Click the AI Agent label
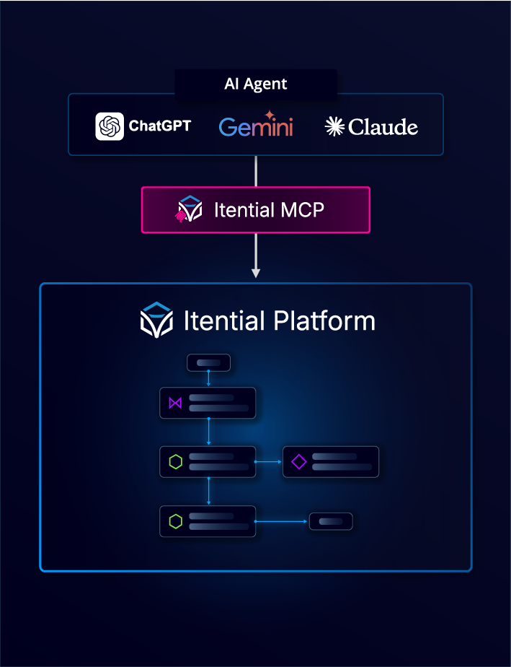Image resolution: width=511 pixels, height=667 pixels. [255, 84]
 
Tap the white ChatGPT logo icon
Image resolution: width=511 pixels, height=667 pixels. [110, 126]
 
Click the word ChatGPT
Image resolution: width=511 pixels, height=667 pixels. [159, 126]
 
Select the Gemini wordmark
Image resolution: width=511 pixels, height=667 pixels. [256, 128]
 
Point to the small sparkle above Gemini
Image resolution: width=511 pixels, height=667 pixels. [270, 114]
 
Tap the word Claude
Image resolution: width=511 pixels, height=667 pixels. [383, 127]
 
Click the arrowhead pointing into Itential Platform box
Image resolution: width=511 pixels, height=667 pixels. [255, 273]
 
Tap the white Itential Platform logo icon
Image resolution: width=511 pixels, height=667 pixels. [156, 321]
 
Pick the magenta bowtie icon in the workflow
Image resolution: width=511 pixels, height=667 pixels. [175, 403]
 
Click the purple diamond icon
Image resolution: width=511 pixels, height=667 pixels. [299, 462]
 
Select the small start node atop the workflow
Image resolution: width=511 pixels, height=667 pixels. [208, 362]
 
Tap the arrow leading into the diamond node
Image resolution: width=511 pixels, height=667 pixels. [269, 462]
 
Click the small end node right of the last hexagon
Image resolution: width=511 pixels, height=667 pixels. [331, 521]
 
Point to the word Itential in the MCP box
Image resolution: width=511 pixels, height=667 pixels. [244, 210]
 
